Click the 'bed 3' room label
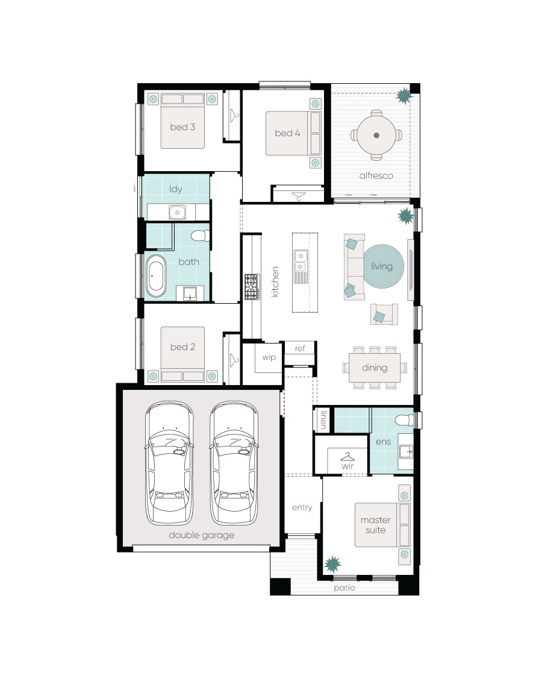point(182,127)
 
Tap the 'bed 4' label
point(287,133)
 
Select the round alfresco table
point(376,135)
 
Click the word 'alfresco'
point(376,175)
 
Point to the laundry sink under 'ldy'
point(177,213)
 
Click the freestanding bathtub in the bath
point(156,276)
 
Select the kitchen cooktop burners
point(252,287)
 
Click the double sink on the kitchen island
point(301,260)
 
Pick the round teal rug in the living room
point(384,266)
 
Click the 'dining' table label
point(375,368)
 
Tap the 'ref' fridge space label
point(300,348)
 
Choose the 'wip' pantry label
point(269,357)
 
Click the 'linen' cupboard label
point(323,420)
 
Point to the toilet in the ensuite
point(404,420)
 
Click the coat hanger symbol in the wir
point(347,457)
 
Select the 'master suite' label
point(375,525)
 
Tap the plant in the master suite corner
point(332,564)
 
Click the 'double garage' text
point(202,536)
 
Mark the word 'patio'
point(344,588)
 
